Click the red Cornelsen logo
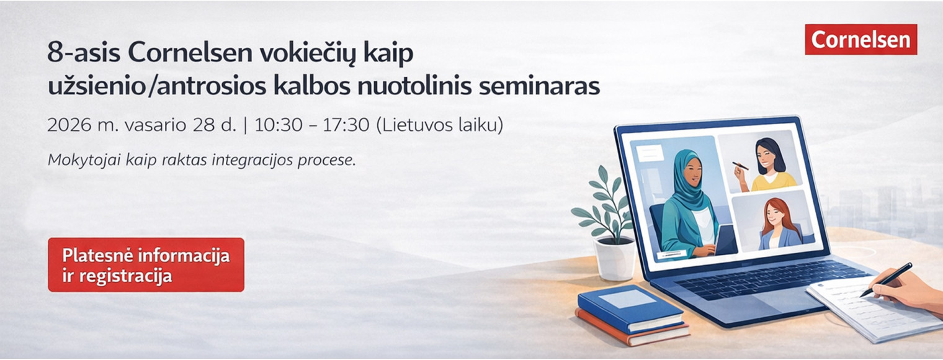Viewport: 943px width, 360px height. click(x=861, y=40)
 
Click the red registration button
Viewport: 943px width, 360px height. click(x=146, y=265)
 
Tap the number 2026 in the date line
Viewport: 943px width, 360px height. click(x=69, y=125)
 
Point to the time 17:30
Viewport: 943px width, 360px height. click(x=346, y=125)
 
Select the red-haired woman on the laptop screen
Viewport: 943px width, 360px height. click(x=779, y=224)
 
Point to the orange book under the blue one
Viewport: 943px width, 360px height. click(x=632, y=330)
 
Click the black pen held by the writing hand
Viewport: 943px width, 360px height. click(x=886, y=279)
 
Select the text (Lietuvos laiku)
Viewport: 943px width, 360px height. click(x=439, y=125)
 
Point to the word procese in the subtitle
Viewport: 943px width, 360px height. click(x=327, y=161)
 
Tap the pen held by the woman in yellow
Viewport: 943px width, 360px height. click(x=741, y=166)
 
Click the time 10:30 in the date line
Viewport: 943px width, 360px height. click(x=279, y=125)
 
